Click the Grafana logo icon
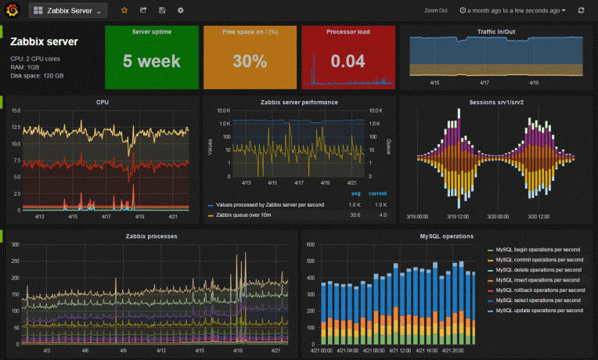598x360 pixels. coord(12,11)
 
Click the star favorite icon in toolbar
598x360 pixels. coord(124,11)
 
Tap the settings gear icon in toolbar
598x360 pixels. coord(181,11)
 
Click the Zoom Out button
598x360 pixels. coord(435,11)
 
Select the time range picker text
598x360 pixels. coord(513,11)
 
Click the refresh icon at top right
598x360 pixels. coord(580,11)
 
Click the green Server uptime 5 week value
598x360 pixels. coord(152,61)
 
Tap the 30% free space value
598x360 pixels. coord(249,61)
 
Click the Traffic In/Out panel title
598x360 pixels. coord(495,32)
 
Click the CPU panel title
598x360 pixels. coord(103,102)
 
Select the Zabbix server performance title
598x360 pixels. coord(299,102)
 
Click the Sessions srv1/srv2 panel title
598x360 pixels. coord(495,102)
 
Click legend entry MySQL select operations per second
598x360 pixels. coord(539,301)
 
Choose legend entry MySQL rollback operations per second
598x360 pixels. coord(539,290)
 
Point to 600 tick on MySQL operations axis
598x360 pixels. coord(309,245)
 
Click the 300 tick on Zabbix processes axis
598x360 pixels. coord(14,245)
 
